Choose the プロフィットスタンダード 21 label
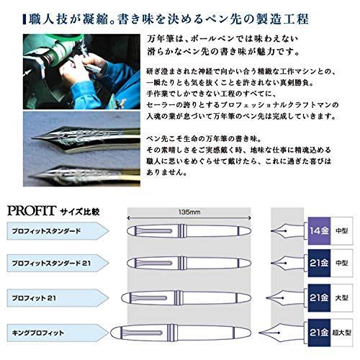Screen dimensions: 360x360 48,264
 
